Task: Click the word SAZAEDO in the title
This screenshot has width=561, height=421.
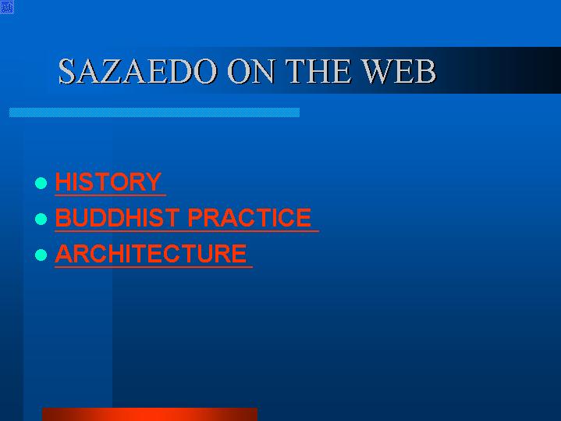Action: pos(137,70)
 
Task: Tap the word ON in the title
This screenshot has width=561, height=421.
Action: pos(251,70)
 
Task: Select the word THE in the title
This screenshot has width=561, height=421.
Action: pos(318,70)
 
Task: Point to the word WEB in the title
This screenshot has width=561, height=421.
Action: pos(398,70)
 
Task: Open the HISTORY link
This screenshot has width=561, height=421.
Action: pos(108,182)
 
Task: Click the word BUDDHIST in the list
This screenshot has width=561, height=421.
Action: pos(117,217)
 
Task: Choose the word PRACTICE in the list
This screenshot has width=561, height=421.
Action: pos(250,217)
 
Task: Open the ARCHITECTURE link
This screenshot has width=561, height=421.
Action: pos(151,253)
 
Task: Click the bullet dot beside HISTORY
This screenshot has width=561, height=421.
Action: pos(41,183)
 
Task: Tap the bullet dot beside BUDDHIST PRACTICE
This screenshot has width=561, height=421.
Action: pos(41,219)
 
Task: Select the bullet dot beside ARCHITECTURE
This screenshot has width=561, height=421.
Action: pos(41,255)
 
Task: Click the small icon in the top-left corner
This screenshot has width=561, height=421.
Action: pos(7,7)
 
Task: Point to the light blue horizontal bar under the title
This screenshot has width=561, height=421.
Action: pos(154,112)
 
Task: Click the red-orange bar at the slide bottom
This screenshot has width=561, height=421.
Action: pos(150,414)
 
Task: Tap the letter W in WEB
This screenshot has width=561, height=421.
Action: pos(375,70)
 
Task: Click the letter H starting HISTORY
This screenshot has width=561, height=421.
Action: pos(62,182)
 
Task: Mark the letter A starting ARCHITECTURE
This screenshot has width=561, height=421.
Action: pos(64,253)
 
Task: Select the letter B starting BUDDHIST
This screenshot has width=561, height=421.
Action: pos(62,217)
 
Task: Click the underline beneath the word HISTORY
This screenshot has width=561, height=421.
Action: pos(110,195)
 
